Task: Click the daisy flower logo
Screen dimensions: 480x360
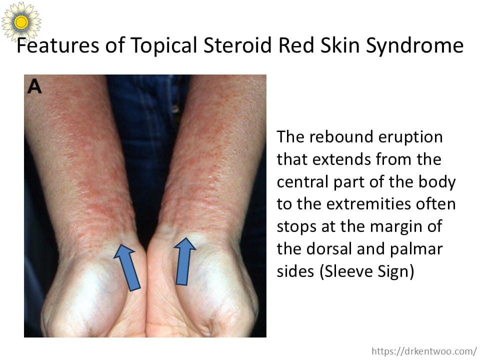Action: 21,21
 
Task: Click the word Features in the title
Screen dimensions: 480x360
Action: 58,45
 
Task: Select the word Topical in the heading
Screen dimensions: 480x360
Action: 164,46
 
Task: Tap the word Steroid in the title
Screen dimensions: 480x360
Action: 237,45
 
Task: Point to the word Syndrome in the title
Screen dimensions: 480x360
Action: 415,46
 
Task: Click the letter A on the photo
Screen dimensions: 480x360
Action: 34,86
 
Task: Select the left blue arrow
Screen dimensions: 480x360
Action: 127,267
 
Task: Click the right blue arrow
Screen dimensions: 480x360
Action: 184,261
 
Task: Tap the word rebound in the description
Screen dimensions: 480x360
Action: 341,137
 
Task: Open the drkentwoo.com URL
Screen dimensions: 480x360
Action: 424,351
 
